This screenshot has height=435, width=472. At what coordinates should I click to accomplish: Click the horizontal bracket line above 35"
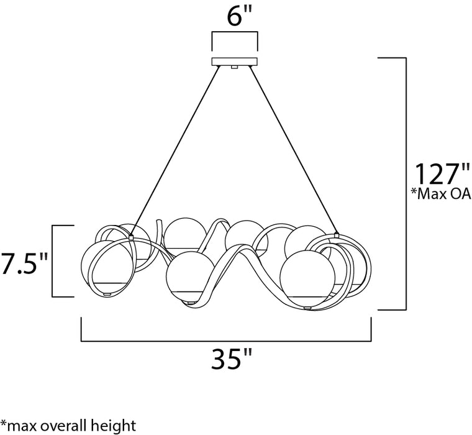226,341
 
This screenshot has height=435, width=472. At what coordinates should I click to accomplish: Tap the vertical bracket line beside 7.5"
53,261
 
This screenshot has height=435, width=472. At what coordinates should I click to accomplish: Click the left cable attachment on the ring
132,236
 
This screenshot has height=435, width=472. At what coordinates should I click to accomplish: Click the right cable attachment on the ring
336,235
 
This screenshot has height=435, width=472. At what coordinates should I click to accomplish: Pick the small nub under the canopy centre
235,67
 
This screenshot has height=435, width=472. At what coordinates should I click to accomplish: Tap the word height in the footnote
114,426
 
